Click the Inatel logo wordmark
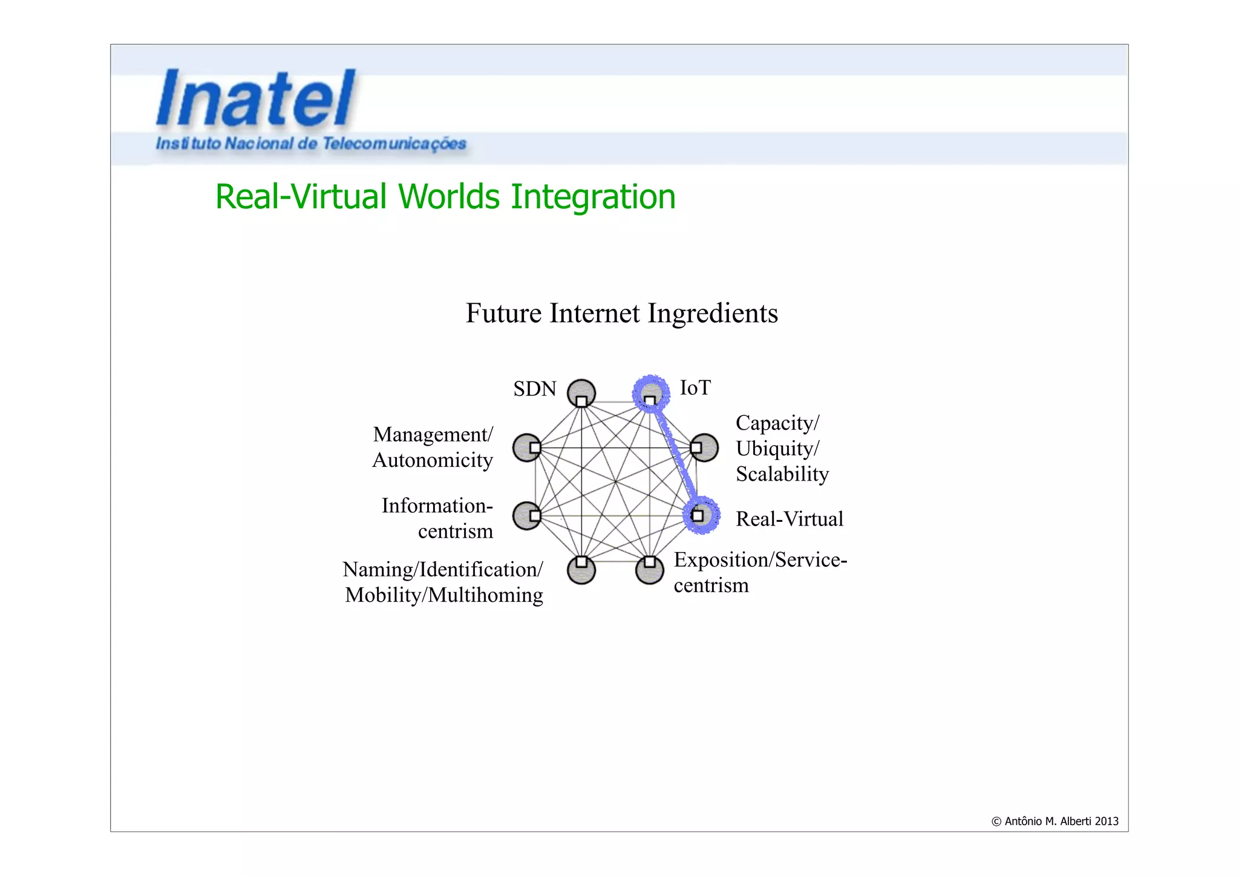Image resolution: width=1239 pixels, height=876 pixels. point(255,98)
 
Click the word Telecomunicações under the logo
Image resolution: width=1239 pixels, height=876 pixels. point(394,144)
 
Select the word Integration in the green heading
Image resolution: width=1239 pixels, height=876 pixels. point(593,197)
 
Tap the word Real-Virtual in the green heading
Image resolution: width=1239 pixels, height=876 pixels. point(301,197)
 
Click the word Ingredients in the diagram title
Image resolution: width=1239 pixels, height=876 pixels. point(713,314)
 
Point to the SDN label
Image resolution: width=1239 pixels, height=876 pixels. point(535,389)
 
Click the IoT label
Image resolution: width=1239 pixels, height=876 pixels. point(695,387)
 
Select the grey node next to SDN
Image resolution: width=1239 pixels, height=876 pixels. point(581,394)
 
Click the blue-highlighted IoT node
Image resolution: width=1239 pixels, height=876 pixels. point(651,394)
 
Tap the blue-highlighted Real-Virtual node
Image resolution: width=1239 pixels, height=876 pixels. point(701,515)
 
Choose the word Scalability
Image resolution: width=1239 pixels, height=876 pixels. point(782,474)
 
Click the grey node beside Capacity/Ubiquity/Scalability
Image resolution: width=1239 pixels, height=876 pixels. point(704,448)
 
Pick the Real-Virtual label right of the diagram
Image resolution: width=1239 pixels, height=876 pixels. point(789,519)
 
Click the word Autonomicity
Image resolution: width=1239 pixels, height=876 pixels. point(433,460)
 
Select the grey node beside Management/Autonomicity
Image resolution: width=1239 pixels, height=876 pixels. point(527,448)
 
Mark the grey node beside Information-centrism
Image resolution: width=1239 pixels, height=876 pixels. point(527,516)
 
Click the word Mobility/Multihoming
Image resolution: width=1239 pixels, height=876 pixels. point(444,595)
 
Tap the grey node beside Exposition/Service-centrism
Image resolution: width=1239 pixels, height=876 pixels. point(650,570)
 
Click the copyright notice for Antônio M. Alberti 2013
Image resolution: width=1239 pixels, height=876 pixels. point(1054,822)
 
